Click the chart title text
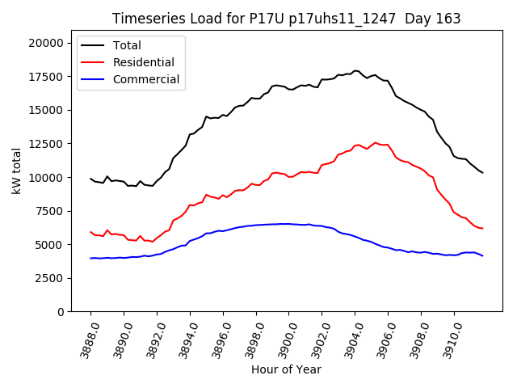click(x=287, y=19)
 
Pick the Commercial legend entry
click(x=146, y=79)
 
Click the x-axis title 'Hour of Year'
click(x=286, y=369)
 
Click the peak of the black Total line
click(x=355, y=70)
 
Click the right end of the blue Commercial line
click(x=482, y=255)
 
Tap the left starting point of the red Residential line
click(x=90, y=232)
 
